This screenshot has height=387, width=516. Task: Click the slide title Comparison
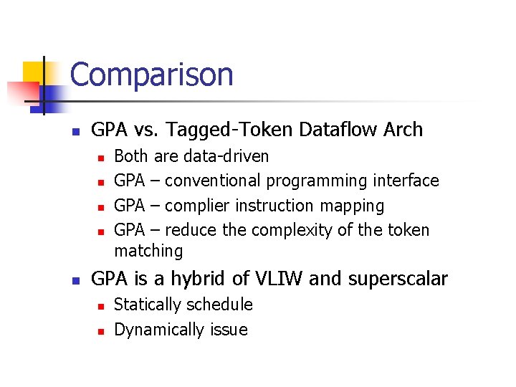(152, 75)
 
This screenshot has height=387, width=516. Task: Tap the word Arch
(403, 130)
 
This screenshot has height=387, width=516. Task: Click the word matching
(148, 251)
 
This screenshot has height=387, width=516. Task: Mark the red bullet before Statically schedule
(101, 306)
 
